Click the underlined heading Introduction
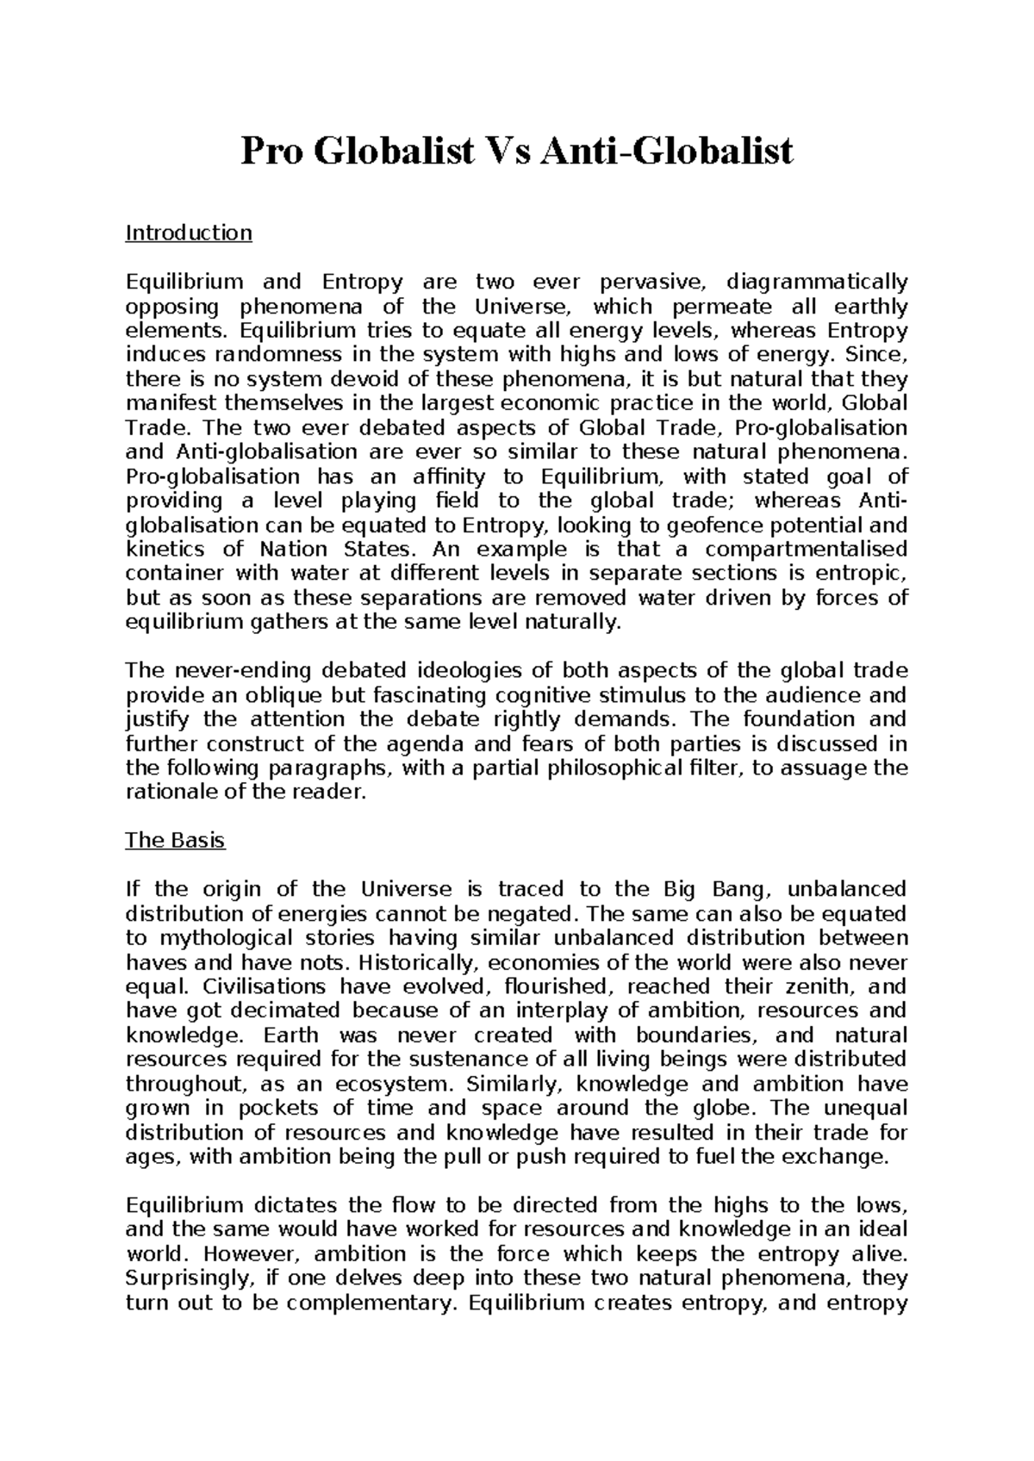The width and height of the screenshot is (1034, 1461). coord(189,233)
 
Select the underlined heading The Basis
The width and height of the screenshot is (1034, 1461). coord(175,840)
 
